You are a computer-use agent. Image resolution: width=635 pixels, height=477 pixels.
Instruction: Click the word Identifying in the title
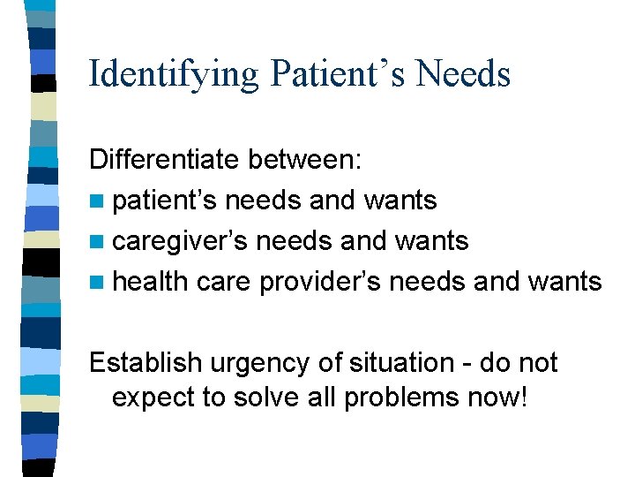tap(174, 74)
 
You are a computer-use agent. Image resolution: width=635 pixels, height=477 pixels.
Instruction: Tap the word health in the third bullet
tap(151, 282)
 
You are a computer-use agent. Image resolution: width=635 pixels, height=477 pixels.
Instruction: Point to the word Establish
tap(144, 363)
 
